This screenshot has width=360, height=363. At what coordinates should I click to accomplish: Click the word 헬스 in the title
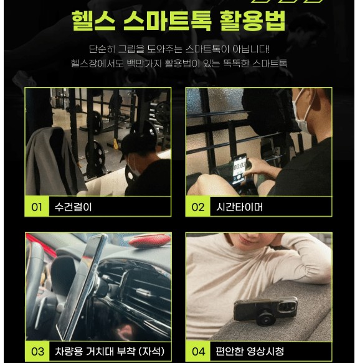pos(93,21)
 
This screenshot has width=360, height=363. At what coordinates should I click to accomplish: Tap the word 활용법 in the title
pos(252,21)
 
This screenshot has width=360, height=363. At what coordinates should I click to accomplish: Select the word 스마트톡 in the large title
pos(168,21)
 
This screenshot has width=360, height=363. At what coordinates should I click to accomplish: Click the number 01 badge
pos(37,207)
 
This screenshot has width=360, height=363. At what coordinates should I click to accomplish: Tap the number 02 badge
pos(198,207)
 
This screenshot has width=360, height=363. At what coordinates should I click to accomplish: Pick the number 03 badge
pos(37,351)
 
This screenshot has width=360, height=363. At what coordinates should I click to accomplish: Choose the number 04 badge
pos(199,351)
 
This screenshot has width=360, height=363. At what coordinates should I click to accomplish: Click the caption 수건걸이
pos(73,207)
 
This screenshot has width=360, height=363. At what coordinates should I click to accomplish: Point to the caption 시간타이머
pos(239,207)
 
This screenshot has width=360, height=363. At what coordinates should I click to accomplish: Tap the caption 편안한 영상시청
pos(250,351)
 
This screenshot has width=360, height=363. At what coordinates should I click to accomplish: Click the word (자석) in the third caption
pos(151,351)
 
